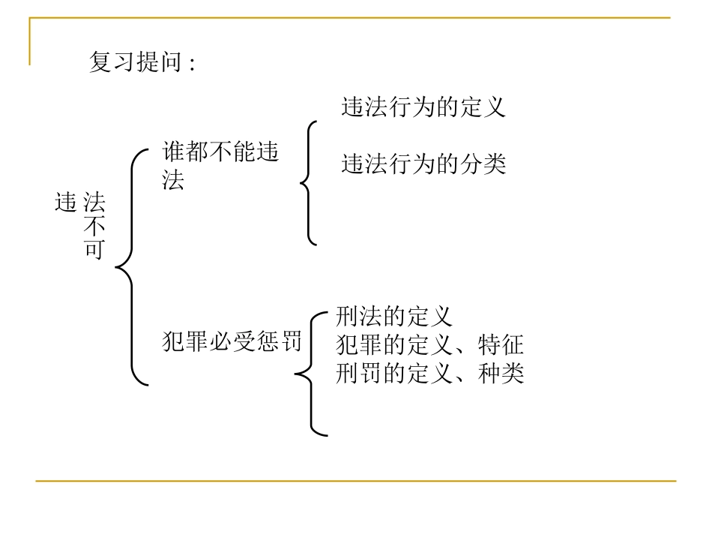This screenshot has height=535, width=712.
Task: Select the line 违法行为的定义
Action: [x=423, y=107]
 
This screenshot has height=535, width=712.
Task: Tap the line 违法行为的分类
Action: [x=423, y=164]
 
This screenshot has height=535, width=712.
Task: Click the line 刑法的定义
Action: [x=394, y=317]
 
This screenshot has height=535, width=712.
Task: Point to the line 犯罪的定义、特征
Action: [x=429, y=344]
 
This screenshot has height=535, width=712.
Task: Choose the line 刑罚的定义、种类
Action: [x=429, y=372]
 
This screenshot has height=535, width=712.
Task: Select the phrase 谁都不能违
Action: [x=220, y=153]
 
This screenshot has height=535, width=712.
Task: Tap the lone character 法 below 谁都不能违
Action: [x=173, y=181]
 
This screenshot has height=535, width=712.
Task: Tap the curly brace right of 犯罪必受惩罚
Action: [x=310, y=372]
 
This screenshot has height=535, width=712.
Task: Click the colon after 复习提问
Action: [x=192, y=64]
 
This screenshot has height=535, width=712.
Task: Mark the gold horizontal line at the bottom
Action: [x=356, y=481]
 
